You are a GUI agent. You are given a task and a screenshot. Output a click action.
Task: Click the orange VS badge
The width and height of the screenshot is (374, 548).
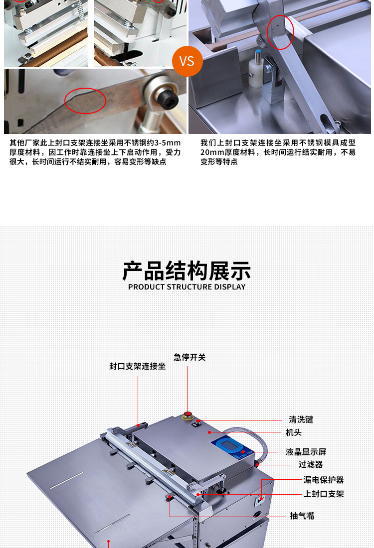[187, 61]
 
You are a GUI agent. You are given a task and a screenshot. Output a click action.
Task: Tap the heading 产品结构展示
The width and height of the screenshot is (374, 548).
[187, 271]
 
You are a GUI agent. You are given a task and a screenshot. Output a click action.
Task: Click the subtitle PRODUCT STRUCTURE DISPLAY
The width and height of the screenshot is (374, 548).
[187, 287]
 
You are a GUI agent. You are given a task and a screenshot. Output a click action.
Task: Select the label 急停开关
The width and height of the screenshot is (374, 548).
[189, 357]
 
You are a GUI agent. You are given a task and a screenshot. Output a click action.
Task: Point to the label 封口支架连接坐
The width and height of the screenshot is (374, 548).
[138, 366]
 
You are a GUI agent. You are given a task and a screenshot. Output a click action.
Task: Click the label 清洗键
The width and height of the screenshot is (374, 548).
[301, 419]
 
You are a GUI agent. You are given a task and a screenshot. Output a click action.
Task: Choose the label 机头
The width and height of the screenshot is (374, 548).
[294, 432]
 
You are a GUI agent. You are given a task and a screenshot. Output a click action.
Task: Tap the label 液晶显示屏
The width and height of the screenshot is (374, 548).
[306, 452]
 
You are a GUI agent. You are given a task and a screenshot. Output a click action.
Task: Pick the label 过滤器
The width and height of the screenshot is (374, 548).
[311, 464]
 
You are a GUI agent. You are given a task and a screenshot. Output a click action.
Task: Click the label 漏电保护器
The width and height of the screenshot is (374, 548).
[324, 480]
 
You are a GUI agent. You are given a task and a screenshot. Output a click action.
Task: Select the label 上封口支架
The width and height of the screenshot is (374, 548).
[324, 494]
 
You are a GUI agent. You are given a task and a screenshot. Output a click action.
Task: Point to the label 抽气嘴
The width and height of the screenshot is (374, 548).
[302, 516]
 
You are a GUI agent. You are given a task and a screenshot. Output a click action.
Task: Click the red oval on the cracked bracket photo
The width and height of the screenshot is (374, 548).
[85, 101]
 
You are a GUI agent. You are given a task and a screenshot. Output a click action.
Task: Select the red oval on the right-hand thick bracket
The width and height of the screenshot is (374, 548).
[281, 32]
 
